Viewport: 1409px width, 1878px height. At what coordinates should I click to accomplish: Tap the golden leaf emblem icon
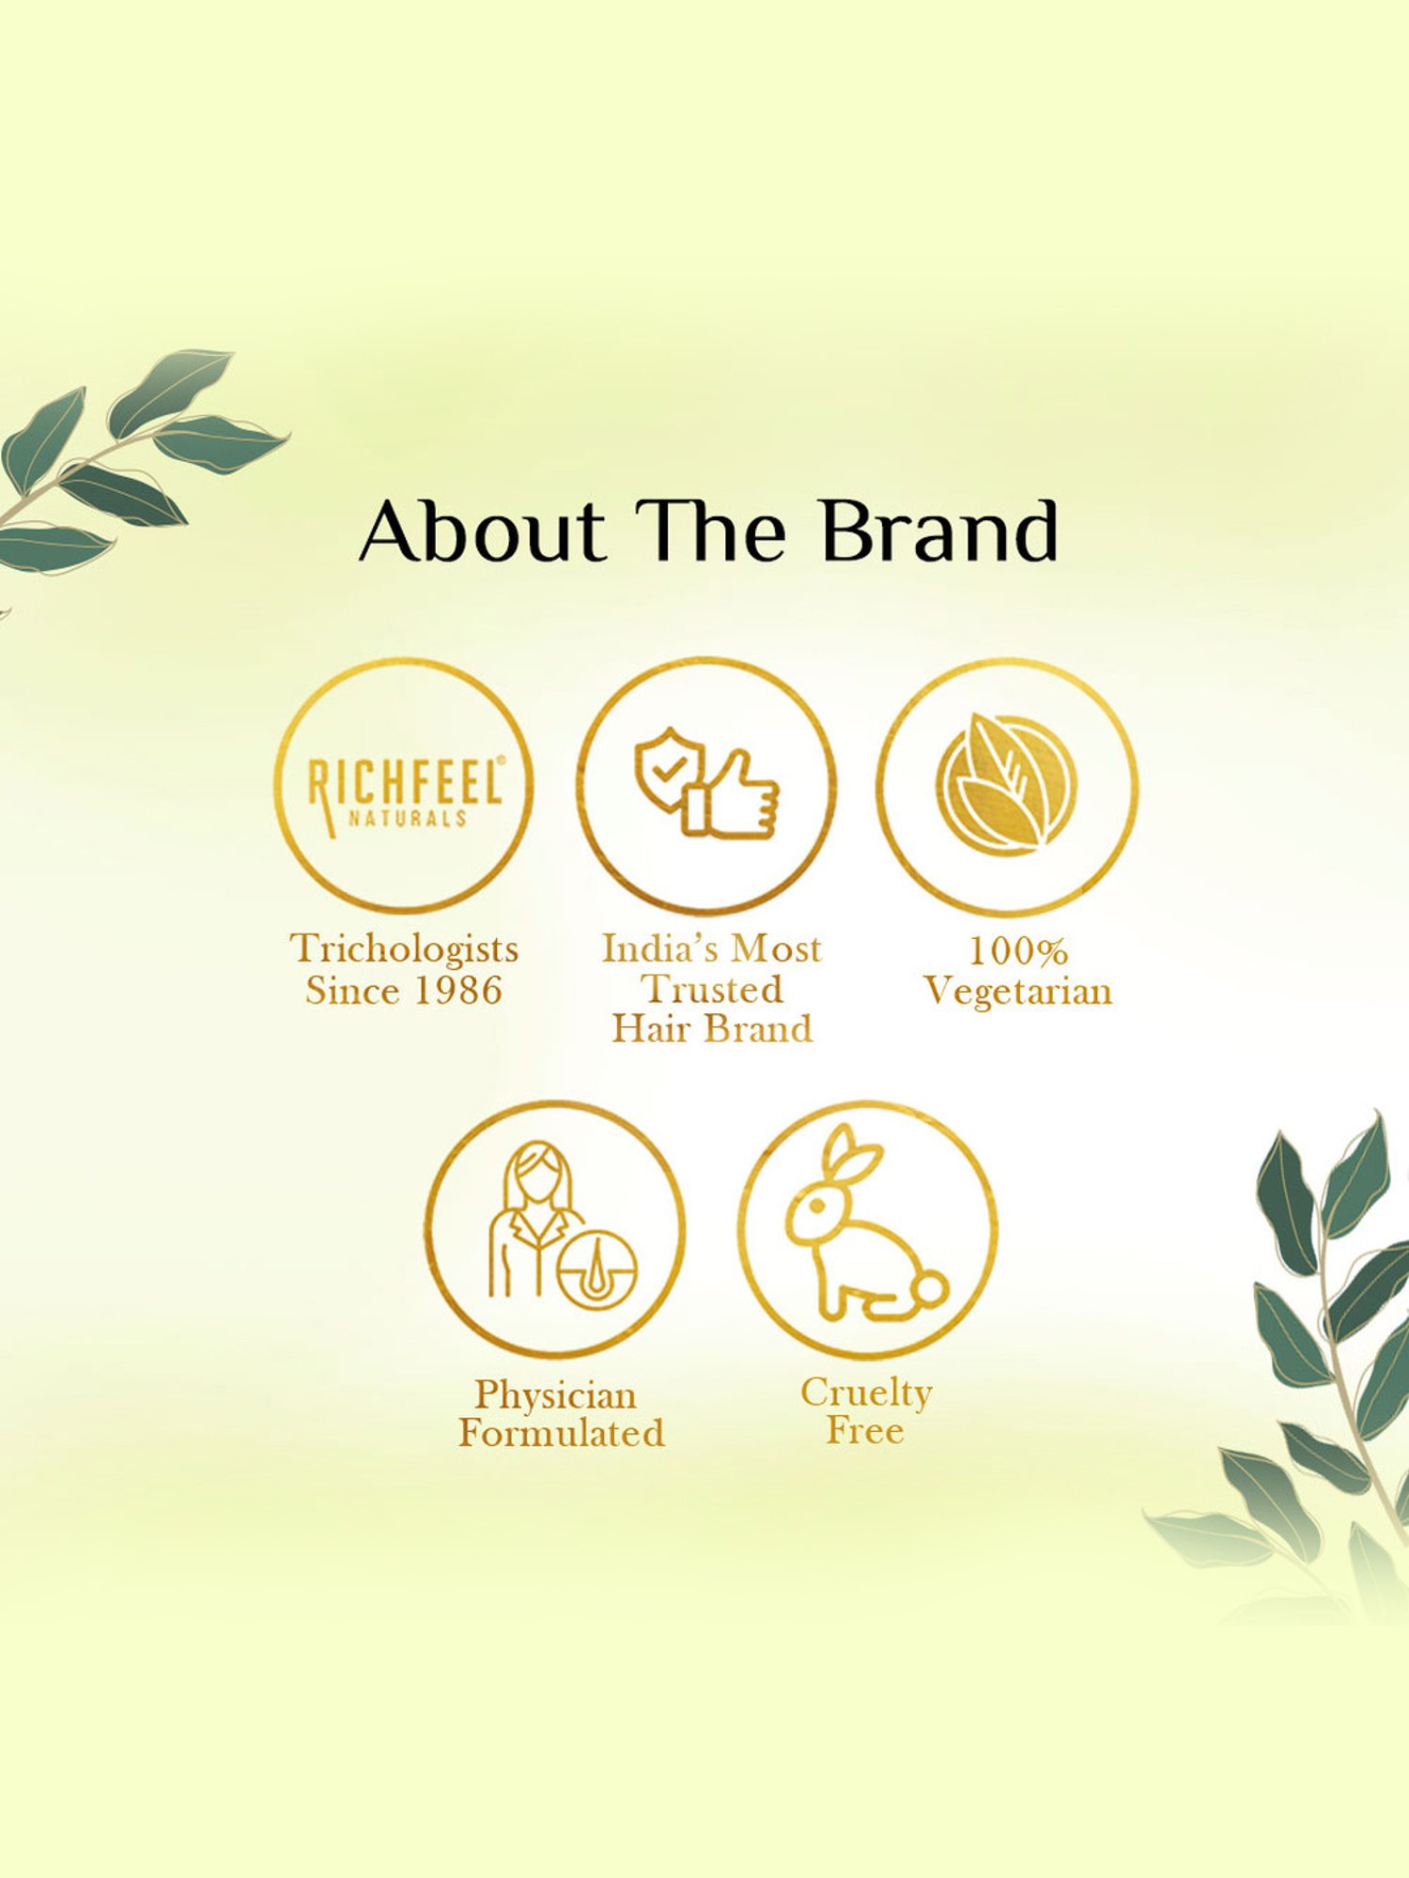click(x=1006, y=784)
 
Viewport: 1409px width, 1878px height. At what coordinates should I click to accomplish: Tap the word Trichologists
click(x=404, y=950)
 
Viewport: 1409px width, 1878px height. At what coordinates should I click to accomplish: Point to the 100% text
click(x=1018, y=951)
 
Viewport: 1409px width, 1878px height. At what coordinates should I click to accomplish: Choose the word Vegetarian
click(x=1017, y=992)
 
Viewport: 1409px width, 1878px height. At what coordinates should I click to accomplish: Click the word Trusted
click(x=712, y=989)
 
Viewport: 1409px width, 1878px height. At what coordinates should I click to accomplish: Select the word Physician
click(x=556, y=1394)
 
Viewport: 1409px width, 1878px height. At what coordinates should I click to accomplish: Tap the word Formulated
click(x=562, y=1434)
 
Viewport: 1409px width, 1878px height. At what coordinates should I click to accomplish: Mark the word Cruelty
click(x=866, y=1393)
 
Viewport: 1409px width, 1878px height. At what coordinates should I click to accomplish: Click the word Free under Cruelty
click(x=865, y=1431)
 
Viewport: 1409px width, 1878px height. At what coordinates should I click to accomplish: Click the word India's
click(x=663, y=949)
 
